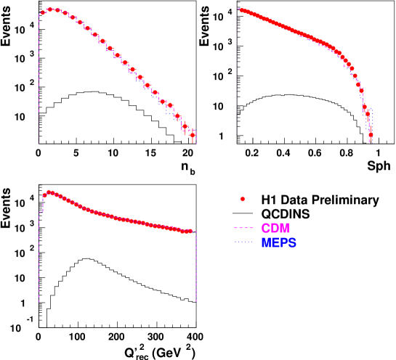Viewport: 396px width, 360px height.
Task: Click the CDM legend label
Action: tap(275, 229)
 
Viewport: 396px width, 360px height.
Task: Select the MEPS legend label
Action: tap(279, 243)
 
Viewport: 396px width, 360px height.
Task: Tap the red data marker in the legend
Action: tap(243, 199)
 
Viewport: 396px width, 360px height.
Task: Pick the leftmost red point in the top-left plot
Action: tap(43, 12)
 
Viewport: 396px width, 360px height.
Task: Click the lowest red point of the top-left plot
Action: tap(193, 134)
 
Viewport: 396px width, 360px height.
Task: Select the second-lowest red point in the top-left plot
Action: tap(185, 126)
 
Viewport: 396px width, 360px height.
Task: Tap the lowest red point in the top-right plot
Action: tap(371, 135)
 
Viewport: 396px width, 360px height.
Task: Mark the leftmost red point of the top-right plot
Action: tap(239, 10)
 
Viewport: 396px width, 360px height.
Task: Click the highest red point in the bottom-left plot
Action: tap(49, 192)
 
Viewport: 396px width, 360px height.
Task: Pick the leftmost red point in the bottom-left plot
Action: tap(44, 195)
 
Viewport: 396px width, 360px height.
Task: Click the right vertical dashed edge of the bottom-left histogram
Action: tap(196, 269)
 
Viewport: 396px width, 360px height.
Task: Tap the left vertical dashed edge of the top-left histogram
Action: tap(39, 73)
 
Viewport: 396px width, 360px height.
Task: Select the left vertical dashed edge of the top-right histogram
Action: tap(236, 73)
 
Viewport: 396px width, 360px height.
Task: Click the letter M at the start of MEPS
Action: tap(266, 243)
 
